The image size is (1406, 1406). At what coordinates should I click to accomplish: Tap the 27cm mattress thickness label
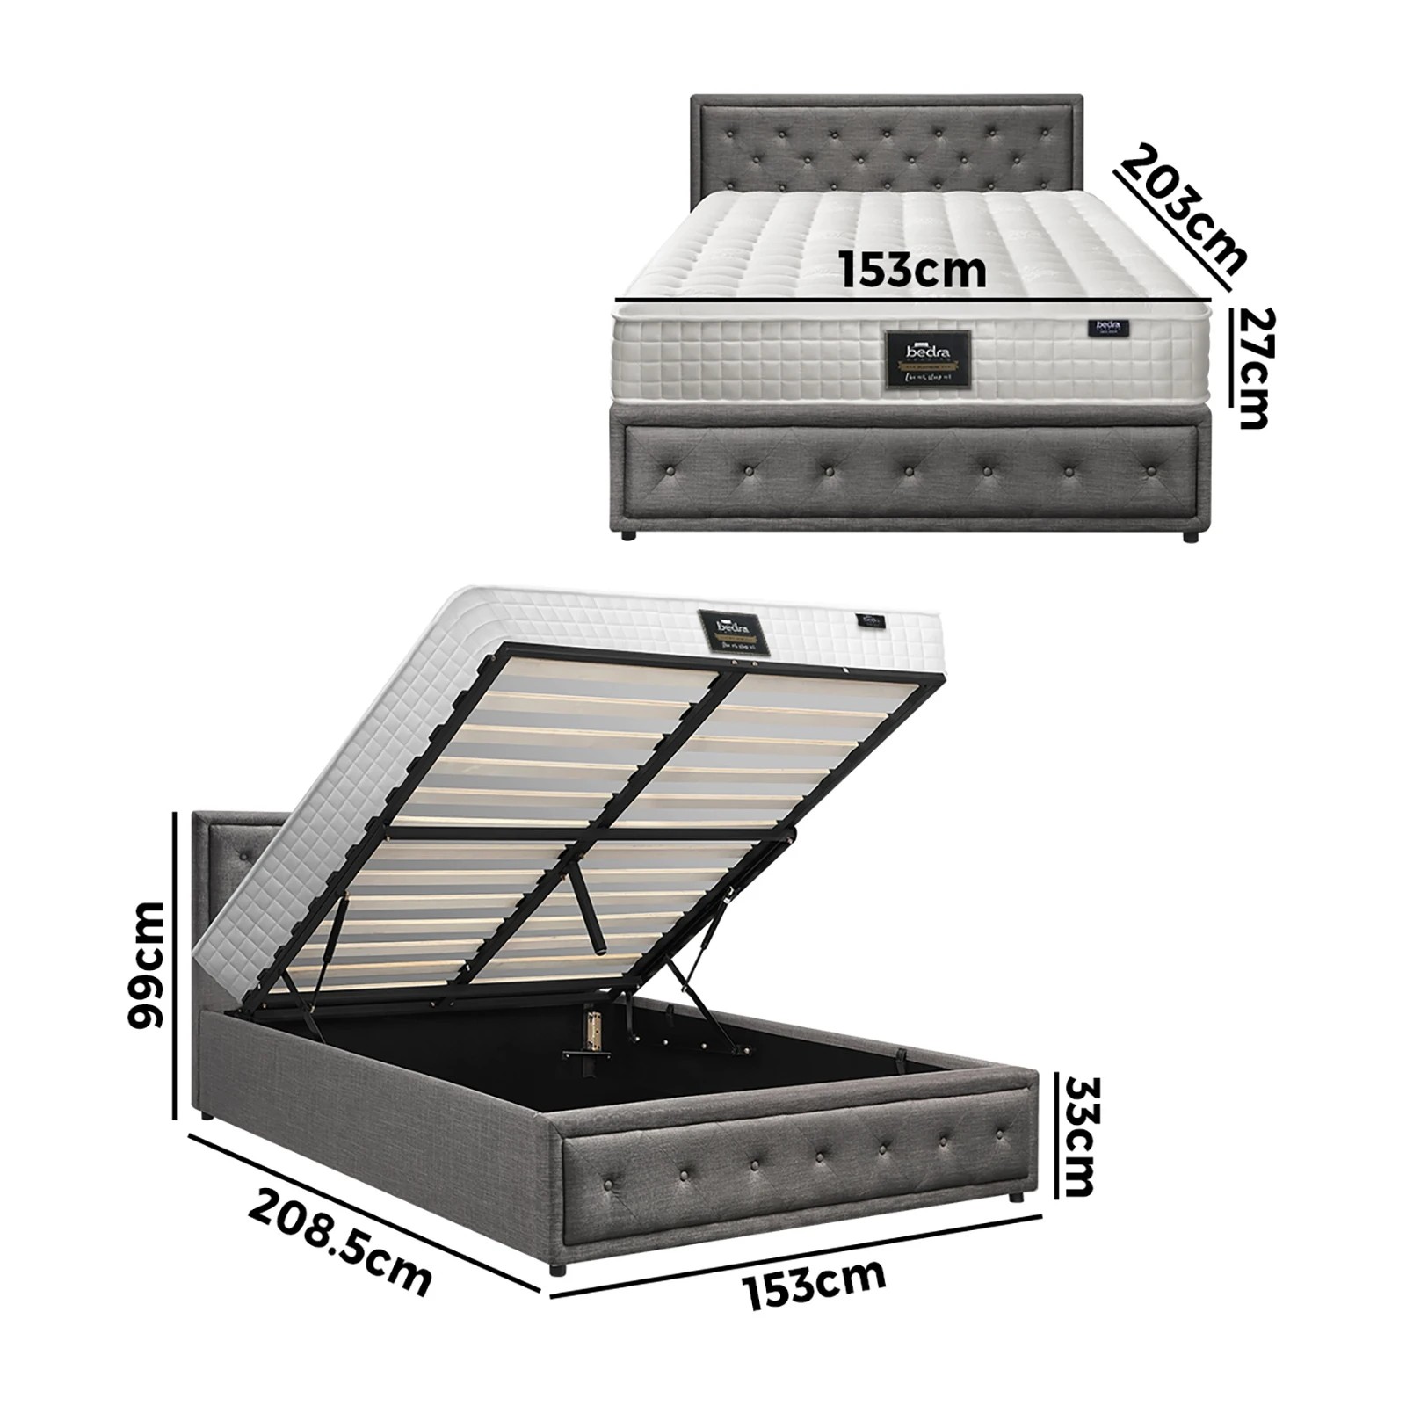point(1251,367)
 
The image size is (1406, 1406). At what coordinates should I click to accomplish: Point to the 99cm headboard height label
point(146,964)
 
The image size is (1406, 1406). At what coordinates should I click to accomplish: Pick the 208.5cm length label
point(339,1240)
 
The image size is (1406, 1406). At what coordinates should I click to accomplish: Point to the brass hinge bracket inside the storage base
point(592,1032)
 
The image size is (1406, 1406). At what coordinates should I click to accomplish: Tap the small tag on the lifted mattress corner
point(873,620)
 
